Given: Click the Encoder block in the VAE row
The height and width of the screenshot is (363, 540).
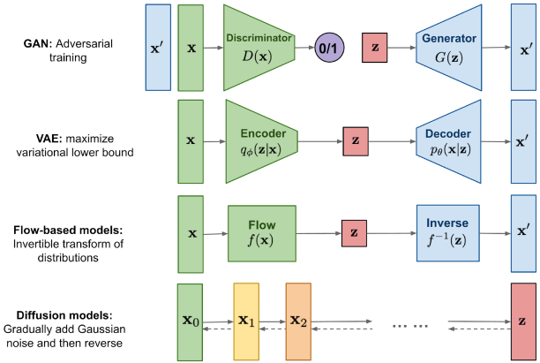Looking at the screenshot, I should click(x=262, y=140).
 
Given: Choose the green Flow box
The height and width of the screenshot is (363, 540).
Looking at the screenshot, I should click(x=263, y=233).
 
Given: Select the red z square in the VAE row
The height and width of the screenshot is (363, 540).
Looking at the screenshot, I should click(x=356, y=140).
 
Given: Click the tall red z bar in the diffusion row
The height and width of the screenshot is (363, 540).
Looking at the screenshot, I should click(x=522, y=322).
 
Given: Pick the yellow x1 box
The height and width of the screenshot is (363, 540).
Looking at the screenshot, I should click(x=246, y=322).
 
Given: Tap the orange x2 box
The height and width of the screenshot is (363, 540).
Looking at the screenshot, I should click(x=299, y=322).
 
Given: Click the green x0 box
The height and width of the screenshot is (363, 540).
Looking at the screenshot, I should click(x=190, y=322).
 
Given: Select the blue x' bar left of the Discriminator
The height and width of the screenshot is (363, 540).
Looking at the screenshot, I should click(x=157, y=47).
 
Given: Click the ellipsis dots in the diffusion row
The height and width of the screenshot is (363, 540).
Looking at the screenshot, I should click(x=410, y=324).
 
